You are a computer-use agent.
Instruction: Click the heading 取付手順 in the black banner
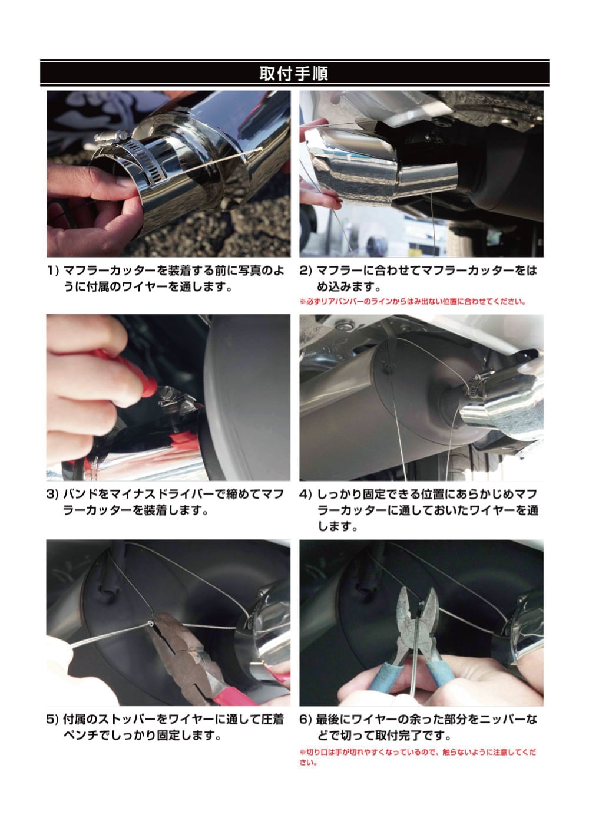tap(293, 73)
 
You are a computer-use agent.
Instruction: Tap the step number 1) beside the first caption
tap(54, 271)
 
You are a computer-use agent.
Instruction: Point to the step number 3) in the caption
tap(54, 494)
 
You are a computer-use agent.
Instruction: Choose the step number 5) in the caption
tap(54, 719)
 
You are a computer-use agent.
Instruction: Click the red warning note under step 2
tap(412, 301)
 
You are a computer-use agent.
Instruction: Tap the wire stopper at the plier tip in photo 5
tap(151, 623)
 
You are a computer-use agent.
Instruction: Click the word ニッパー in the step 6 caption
tap(502, 719)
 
